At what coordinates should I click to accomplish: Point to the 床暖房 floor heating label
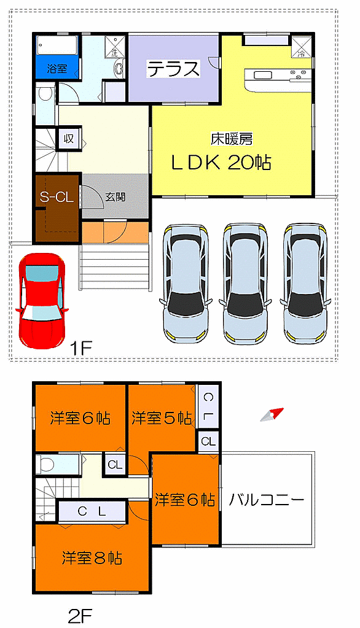pos(232,139)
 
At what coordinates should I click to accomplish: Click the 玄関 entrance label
pos(115,197)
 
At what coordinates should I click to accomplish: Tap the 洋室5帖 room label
pos(162,418)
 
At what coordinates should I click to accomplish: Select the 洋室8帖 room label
pos(92,558)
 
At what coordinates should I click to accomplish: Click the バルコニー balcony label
pos(267,500)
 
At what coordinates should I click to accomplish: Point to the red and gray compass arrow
pos(271,415)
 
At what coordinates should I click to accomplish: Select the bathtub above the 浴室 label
pos(56,45)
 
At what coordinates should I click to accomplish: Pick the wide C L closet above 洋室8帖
pos(92,510)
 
